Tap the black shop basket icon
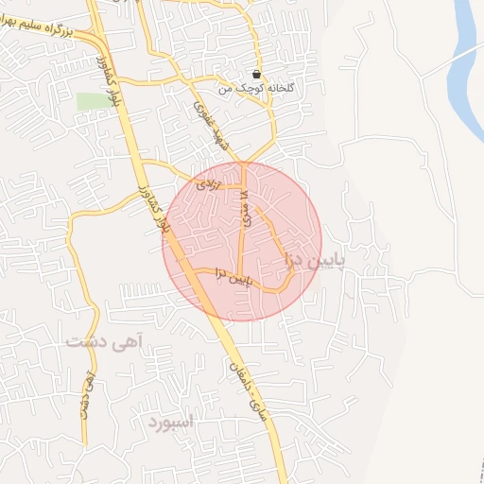click(x=257, y=74)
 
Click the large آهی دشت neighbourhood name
click(x=103, y=340)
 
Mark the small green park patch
click(x=92, y=101)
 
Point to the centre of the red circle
click(x=242, y=241)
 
